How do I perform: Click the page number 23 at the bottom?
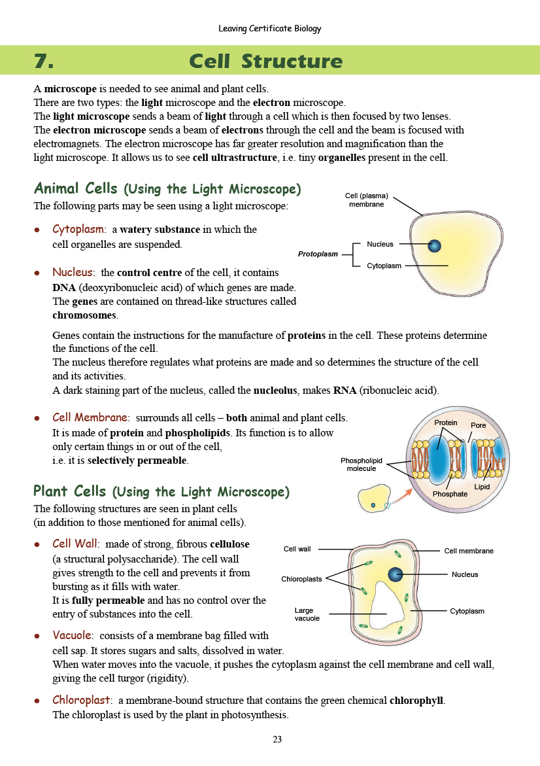click(277, 740)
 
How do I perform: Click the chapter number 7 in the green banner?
click(43, 61)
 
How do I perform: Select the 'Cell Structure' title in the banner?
click(265, 61)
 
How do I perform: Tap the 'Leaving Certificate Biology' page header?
click(270, 29)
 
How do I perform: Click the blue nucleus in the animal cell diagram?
click(434, 246)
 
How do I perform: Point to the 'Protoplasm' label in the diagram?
click(318, 254)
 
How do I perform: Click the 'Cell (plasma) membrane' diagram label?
click(366, 200)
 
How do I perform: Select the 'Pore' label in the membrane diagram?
click(479, 425)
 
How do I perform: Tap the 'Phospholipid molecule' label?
click(361, 464)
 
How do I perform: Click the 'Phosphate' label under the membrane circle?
click(450, 494)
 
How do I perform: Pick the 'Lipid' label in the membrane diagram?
click(482, 487)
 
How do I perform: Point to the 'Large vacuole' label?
click(307, 614)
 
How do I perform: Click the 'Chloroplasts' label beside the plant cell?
click(301, 579)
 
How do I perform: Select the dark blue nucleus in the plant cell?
click(396, 574)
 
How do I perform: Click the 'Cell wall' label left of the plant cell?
click(297, 549)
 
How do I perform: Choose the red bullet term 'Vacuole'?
click(72, 635)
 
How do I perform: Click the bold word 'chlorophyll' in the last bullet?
click(416, 701)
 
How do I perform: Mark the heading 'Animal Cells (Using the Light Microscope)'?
click(167, 189)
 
